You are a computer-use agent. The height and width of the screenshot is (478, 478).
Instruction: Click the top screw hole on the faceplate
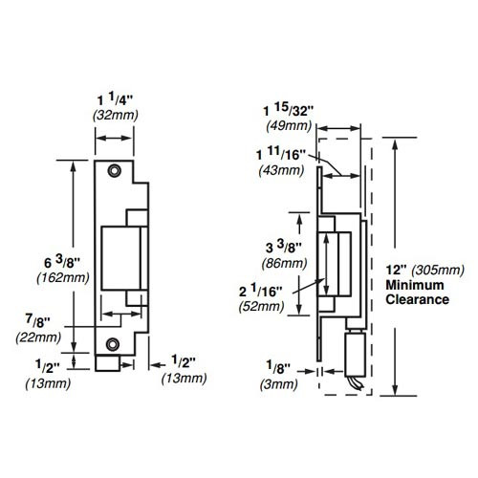coord(113,169)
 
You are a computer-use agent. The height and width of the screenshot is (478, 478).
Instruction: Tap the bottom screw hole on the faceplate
coord(113,343)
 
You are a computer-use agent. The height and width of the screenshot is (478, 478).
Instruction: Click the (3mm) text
coord(276,381)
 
